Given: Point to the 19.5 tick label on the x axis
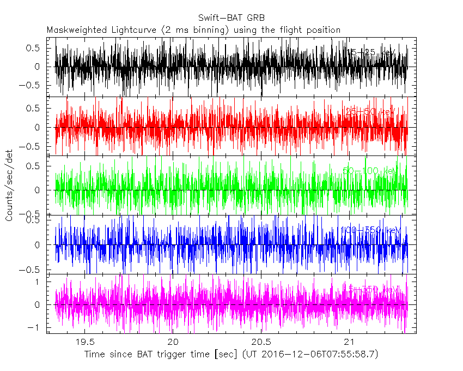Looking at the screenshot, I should pos(84,342).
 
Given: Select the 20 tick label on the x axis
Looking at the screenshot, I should pos(173,342).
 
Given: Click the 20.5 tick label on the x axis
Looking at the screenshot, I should pos(261,342).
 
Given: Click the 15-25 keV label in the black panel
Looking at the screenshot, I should pos(371,52).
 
